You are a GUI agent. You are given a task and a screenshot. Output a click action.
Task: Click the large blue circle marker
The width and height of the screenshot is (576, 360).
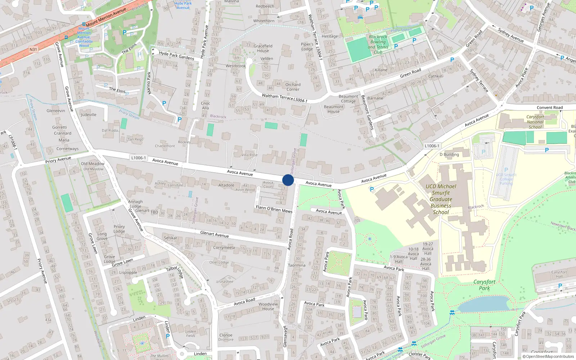click(x=288, y=180)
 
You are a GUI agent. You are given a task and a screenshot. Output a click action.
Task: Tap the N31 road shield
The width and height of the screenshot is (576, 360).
click(x=33, y=49)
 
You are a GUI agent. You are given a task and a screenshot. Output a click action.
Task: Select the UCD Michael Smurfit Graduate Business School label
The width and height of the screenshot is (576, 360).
click(x=441, y=199)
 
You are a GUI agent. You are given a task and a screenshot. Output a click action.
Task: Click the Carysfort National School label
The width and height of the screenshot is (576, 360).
click(x=535, y=122)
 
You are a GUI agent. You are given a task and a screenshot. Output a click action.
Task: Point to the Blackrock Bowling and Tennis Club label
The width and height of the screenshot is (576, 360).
click(x=378, y=44)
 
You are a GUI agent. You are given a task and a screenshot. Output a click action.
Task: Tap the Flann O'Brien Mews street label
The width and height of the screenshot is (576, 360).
click(x=274, y=209)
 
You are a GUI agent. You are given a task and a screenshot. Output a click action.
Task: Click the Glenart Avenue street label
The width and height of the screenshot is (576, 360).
click(x=214, y=234)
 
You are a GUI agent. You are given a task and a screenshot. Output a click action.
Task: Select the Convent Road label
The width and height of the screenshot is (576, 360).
click(x=549, y=108)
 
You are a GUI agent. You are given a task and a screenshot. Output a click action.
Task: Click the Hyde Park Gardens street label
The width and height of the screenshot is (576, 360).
click(x=176, y=55)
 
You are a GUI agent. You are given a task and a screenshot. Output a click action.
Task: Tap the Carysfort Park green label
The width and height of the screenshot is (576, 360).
click(x=484, y=285)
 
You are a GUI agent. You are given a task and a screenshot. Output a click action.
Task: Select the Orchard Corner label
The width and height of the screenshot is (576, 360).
click(x=293, y=87)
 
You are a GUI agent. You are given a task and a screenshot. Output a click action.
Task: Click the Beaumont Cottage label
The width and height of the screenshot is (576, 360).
click(x=348, y=99)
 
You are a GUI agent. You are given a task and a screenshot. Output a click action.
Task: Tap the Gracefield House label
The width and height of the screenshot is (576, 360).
click(x=263, y=48)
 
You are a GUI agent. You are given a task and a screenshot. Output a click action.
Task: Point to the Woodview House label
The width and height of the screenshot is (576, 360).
click(x=268, y=306)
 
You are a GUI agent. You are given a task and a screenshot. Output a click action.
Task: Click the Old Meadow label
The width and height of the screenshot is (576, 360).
click(x=93, y=164)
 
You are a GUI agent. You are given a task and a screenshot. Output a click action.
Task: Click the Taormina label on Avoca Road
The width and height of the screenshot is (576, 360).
click(x=297, y=265)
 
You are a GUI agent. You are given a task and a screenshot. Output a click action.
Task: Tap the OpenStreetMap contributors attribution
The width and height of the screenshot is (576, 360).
click(x=548, y=356)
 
